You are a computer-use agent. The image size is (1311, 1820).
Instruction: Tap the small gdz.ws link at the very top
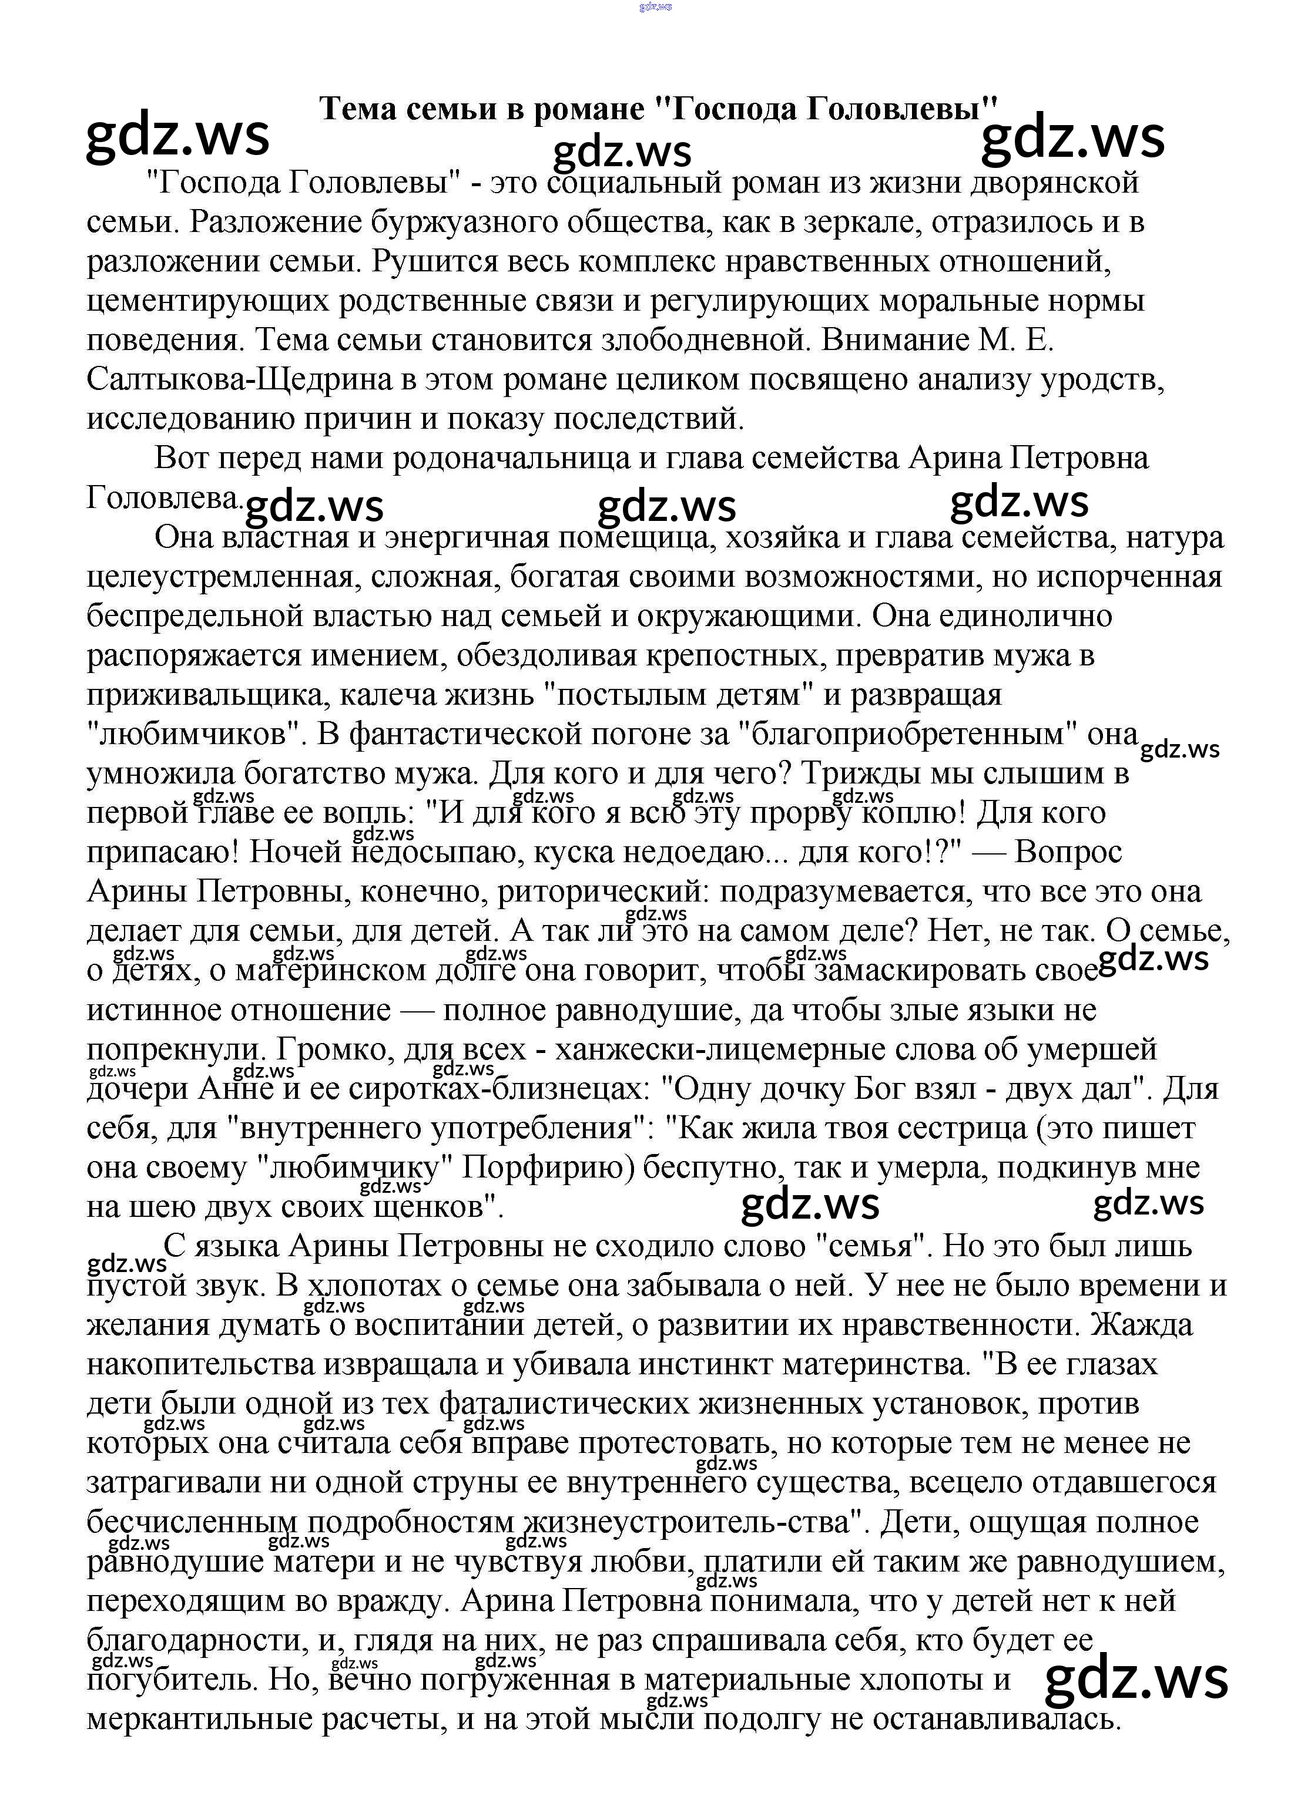[655, 7]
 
